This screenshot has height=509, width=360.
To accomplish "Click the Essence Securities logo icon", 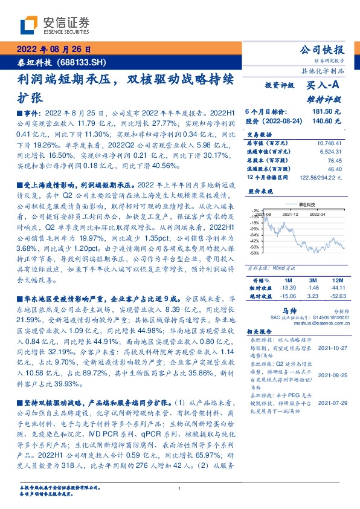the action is [30, 25].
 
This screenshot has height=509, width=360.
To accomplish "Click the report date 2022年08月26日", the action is [57, 50].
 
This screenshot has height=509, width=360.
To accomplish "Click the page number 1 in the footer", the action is [180, 488].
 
